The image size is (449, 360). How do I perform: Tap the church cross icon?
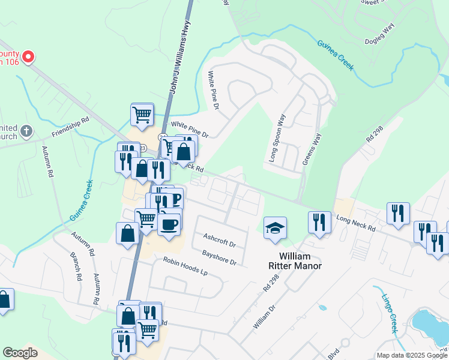[26, 130]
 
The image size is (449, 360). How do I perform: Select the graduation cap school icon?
[275, 228]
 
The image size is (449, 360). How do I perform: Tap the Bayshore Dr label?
[220, 259]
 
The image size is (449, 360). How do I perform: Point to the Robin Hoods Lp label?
[185, 266]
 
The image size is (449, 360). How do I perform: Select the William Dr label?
[264, 316]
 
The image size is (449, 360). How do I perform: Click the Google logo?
[20, 353]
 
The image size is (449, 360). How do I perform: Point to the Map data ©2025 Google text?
[411, 355]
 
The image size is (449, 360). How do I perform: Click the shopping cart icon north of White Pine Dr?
[142, 114]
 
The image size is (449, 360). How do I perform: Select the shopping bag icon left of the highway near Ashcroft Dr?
[128, 233]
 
